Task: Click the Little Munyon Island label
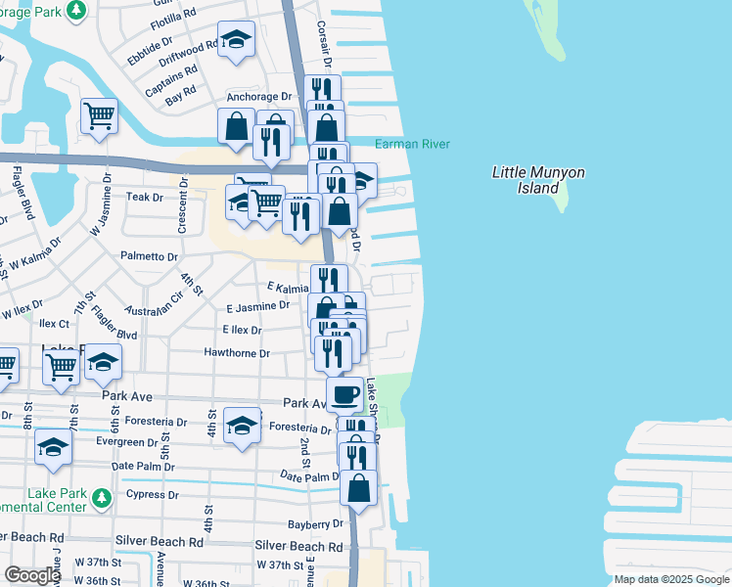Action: coord(537,179)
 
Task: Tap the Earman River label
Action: coord(412,145)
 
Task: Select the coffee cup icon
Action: coord(343,394)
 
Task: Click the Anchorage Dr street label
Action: coord(259,98)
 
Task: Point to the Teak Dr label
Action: coord(144,197)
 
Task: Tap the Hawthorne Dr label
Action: coord(236,352)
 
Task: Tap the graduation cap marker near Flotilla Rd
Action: coord(235,40)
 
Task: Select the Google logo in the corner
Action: coord(32,575)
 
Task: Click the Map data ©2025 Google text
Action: coord(670,579)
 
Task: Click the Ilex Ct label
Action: coord(54,323)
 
